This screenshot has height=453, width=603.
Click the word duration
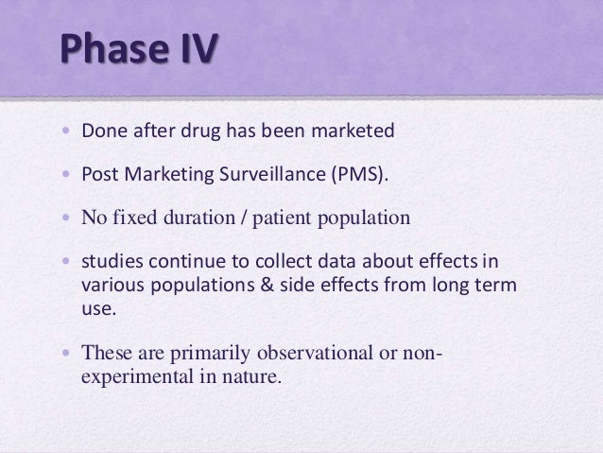[x=189, y=219]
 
